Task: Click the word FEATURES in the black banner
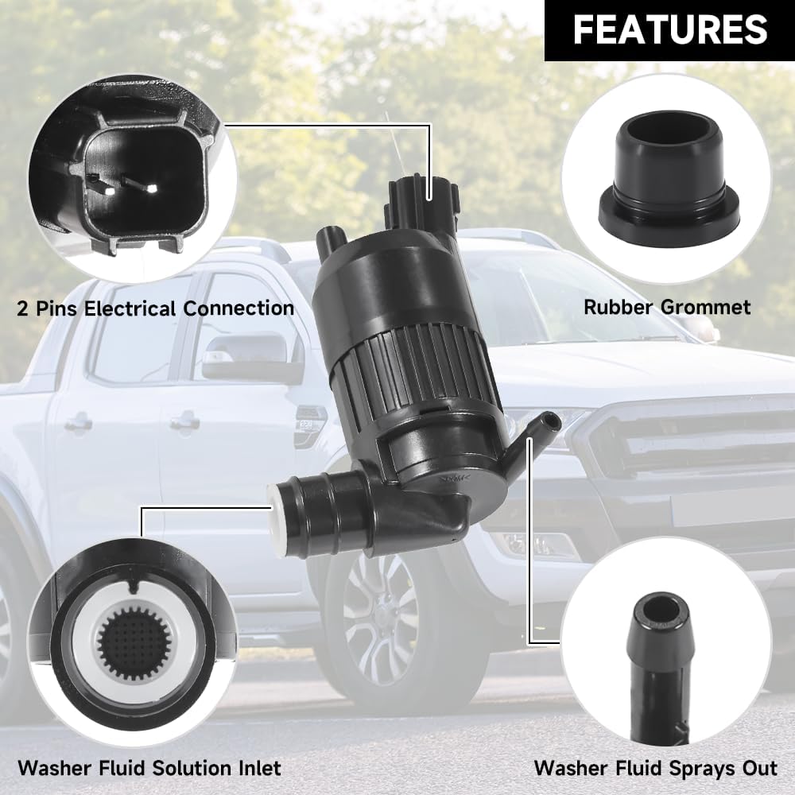click(x=669, y=30)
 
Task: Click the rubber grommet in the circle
click(x=669, y=179)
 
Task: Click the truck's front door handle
click(x=184, y=422)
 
